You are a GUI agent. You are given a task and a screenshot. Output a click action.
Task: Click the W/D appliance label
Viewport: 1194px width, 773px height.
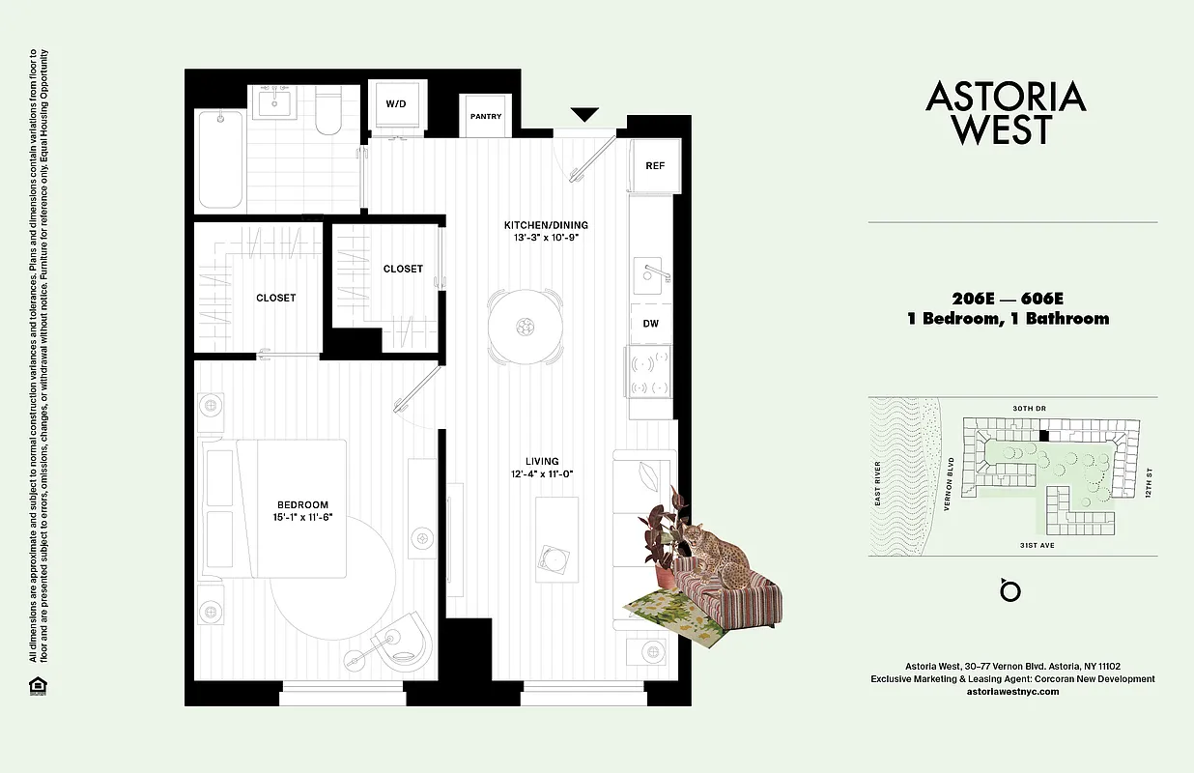tap(396, 103)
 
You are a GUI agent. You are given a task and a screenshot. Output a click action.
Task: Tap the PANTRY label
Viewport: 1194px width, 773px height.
tap(486, 117)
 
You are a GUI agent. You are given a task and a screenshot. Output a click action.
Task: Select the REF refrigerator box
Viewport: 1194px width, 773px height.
tap(655, 165)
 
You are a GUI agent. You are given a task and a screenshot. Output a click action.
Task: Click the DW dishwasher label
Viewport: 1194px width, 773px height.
tap(651, 324)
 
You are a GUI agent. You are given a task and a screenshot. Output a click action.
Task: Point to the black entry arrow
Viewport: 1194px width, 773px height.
tap(584, 115)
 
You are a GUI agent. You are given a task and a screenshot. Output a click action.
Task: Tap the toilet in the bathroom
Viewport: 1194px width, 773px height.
tap(327, 113)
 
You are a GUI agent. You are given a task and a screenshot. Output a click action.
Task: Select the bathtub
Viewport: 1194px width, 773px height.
tap(221, 158)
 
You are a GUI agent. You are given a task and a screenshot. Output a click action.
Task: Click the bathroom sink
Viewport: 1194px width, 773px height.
tap(275, 104)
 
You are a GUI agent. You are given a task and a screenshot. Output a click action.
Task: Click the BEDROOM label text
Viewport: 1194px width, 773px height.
tap(302, 504)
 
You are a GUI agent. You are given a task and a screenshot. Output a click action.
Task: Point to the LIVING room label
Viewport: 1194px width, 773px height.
tap(542, 461)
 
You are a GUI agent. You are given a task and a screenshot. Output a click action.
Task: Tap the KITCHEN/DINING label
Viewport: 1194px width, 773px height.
tap(546, 225)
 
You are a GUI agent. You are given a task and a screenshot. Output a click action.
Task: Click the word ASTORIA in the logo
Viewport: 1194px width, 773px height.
tap(1006, 97)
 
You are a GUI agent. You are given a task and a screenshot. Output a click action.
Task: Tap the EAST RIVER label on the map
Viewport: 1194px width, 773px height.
tap(878, 485)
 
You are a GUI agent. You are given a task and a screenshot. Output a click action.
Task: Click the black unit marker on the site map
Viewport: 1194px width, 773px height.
tap(1042, 436)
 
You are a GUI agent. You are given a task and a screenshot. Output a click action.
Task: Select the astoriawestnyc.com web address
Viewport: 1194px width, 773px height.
tap(1012, 692)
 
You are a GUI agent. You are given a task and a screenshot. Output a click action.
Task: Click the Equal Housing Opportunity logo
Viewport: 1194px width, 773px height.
tap(37, 687)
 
